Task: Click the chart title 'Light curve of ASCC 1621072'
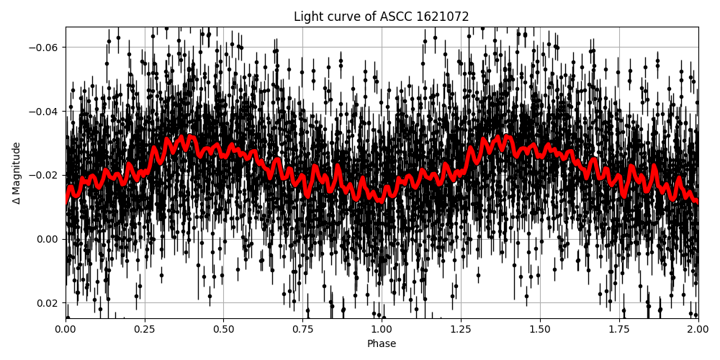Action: tap(382, 17)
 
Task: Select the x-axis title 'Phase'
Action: tap(382, 344)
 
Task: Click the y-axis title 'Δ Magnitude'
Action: tap(17, 173)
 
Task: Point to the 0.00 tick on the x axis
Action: tap(66, 330)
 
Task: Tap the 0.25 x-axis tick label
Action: tap(145, 330)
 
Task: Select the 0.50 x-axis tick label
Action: tap(223, 330)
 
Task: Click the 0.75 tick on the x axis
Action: tap(302, 330)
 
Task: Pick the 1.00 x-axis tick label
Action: tap(382, 330)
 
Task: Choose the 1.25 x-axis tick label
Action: tap(461, 330)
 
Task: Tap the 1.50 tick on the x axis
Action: tap(540, 330)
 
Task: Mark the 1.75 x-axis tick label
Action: tap(618, 330)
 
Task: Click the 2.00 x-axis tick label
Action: tap(698, 330)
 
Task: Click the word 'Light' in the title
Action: tap(307, 17)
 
